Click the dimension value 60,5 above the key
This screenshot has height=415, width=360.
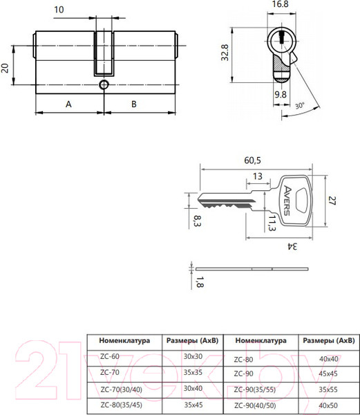coord(252,160)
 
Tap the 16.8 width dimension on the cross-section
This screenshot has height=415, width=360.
coord(280,4)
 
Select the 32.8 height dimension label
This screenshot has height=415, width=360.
coord(225,53)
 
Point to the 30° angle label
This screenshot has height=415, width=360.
coord(300,106)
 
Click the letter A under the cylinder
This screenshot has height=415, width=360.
coord(68,104)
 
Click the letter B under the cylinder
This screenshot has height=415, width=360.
coord(134,104)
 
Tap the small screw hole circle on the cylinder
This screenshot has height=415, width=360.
coord(104,84)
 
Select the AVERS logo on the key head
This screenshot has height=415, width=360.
coord(287,201)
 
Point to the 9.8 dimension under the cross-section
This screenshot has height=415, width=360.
coord(280,95)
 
